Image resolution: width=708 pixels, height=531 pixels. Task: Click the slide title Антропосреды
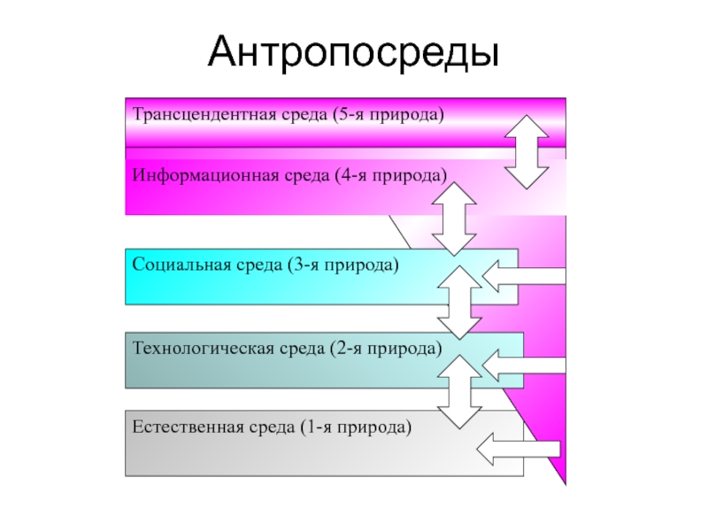(353, 52)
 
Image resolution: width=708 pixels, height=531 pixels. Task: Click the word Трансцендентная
(204, 114)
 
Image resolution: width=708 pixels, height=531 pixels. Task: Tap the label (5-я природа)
(389, 115)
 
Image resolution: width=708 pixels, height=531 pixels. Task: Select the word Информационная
(205, 175)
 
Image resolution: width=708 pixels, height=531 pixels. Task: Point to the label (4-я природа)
(391, 175)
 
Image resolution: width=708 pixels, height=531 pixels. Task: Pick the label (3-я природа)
(343, 265)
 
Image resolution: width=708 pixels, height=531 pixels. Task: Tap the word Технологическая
(204, 349)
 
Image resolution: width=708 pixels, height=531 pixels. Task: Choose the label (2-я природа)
(387, 349)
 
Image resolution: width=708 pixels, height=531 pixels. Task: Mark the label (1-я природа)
(357, 427)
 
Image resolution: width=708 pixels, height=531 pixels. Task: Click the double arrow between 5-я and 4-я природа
(527, 152)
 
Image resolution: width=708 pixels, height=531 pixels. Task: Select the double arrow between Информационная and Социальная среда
(454, 219)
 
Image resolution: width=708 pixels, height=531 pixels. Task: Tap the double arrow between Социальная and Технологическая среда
(459, 303)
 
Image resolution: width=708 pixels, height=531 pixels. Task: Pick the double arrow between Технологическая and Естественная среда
(459, 391)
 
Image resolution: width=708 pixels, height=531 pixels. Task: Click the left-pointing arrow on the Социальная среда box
(524, 276)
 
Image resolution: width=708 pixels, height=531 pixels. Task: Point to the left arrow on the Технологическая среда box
(524, 366)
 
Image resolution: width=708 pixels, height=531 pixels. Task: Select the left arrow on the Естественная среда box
(519, 449)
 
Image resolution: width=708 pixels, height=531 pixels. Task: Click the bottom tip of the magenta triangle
(566, 485)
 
